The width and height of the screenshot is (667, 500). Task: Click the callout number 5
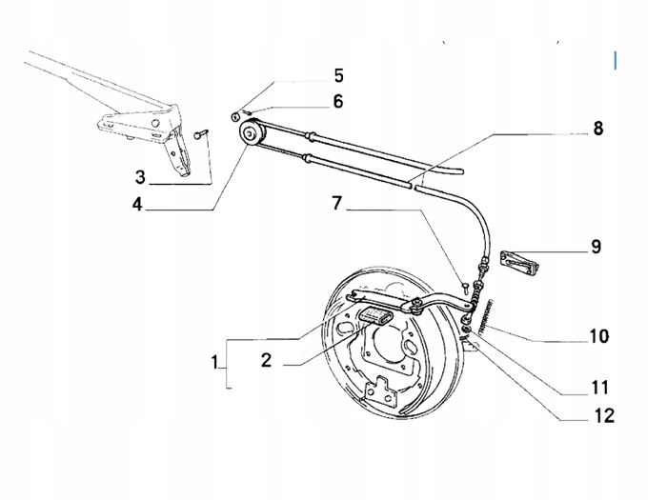click(338, 75)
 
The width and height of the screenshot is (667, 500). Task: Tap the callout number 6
click(338, 101)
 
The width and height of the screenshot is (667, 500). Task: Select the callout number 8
click(598, 128)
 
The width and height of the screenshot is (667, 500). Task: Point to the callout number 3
click(140, 177)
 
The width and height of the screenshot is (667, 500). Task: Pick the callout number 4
click(137, 204)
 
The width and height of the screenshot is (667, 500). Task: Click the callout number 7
click(337, 203)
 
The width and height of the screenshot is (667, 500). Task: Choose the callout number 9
click(596, 246)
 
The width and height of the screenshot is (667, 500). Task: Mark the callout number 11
click(599, 388)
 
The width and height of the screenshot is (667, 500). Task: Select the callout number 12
click(603, 415)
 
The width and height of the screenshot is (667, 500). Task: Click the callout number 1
click(214, 363)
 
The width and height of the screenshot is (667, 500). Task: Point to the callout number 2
click(266, 360)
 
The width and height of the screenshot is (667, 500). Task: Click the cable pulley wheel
click(251, 134)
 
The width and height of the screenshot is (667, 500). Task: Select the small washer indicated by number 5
click(234, 115)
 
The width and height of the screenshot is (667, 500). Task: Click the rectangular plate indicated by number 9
click(520, 262)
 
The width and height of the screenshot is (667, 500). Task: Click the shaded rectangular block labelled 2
click(377, 316)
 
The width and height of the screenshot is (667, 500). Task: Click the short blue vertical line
click(616, 60)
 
